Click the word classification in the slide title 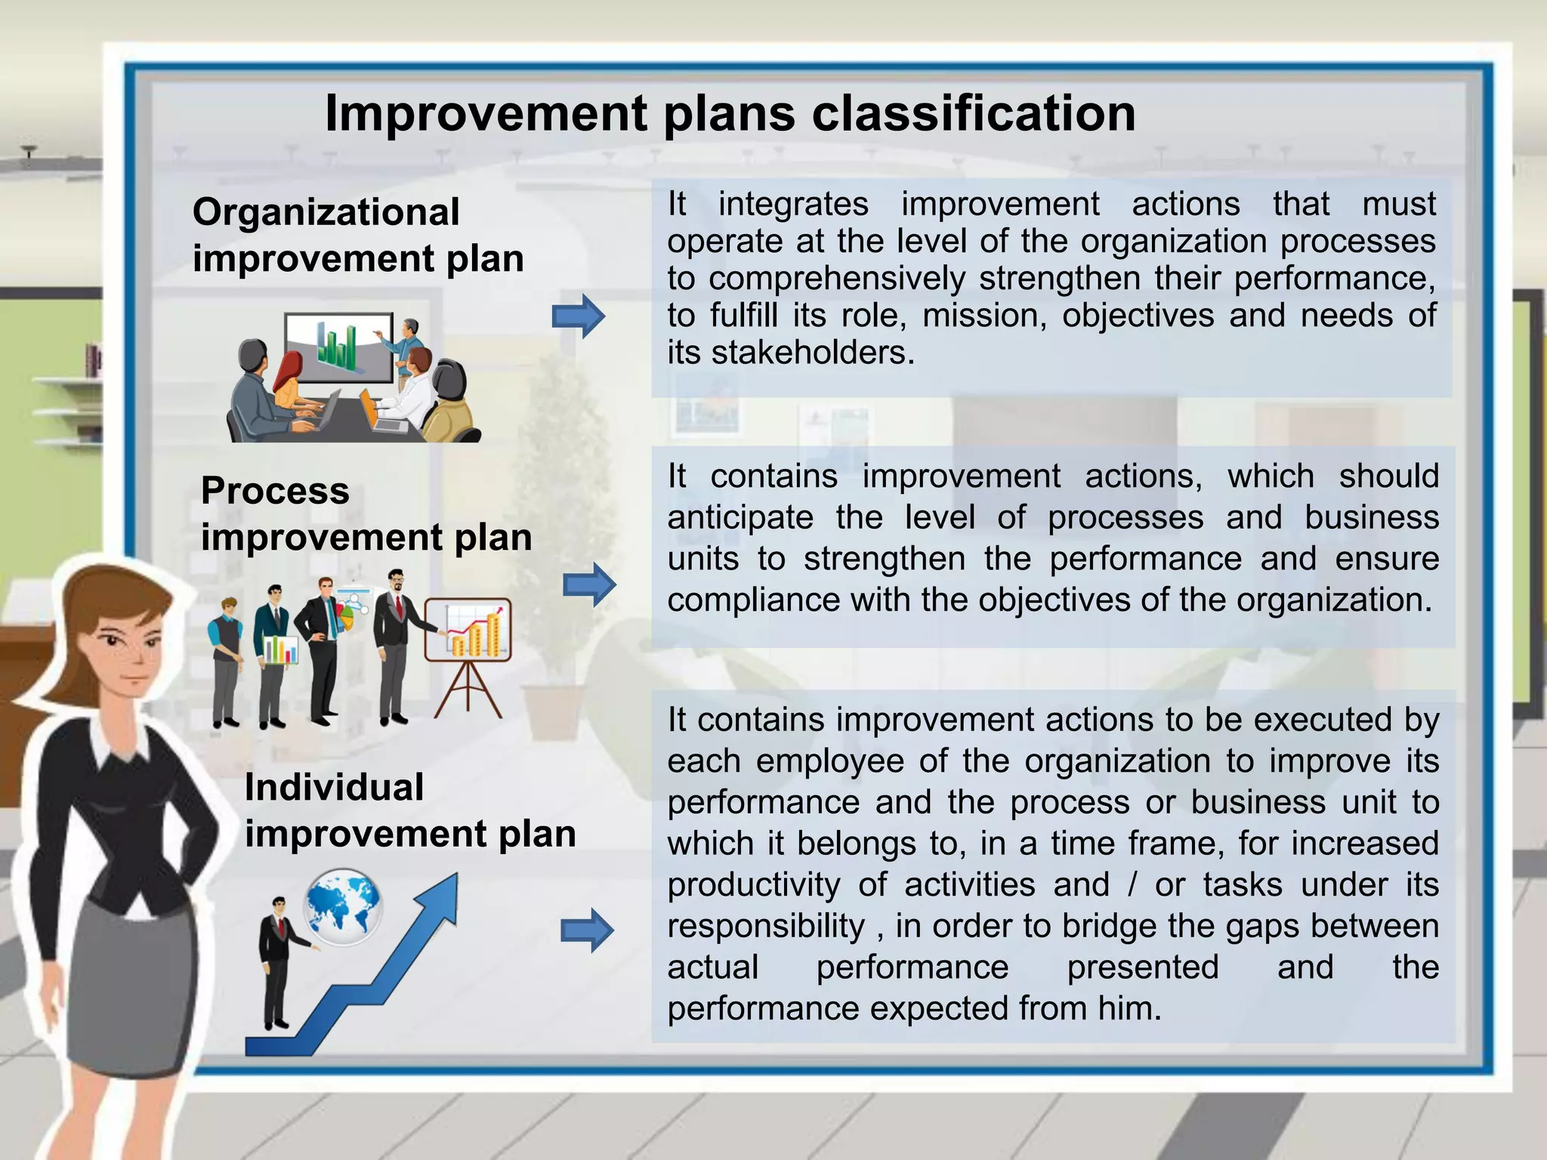point(974,115)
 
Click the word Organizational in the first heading point(326,212)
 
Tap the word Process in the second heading point(275,491)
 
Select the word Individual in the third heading point(334,788)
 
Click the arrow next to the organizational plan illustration point(578,316)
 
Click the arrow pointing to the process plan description point(588,585)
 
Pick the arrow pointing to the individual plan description point(587,930)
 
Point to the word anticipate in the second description point(740,518)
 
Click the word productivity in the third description point(753,885)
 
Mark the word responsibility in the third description point(765,927)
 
